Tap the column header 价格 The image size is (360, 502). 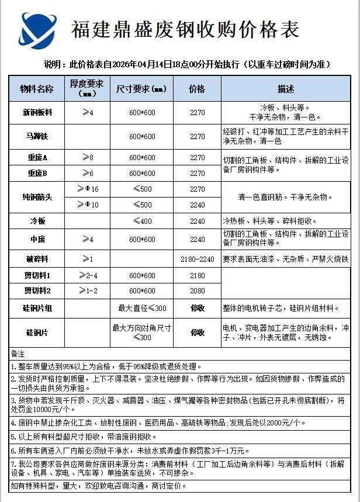(x=197, y=89)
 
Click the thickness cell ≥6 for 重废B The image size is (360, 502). (x=87, y=173)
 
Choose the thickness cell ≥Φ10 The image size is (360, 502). (x=88, y=205)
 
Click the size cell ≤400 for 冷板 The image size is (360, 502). (x=142, y=221)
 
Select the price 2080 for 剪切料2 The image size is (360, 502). (x=198, y=290)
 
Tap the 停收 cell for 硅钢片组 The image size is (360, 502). (x=198, y=308)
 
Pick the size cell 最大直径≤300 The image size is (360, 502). (x=142, y=308)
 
